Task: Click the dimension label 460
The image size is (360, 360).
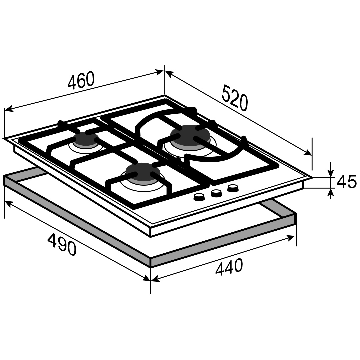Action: point(81,80)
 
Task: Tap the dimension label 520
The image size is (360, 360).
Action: point(235,98)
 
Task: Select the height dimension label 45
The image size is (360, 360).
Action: point(346,181)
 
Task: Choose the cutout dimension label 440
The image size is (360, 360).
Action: point(229,267)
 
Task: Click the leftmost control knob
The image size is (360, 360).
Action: point(199,197)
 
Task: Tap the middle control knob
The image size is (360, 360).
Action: point(216,193)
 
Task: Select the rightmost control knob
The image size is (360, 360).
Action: point(233,188)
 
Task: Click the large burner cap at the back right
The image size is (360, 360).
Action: point(190,135)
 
